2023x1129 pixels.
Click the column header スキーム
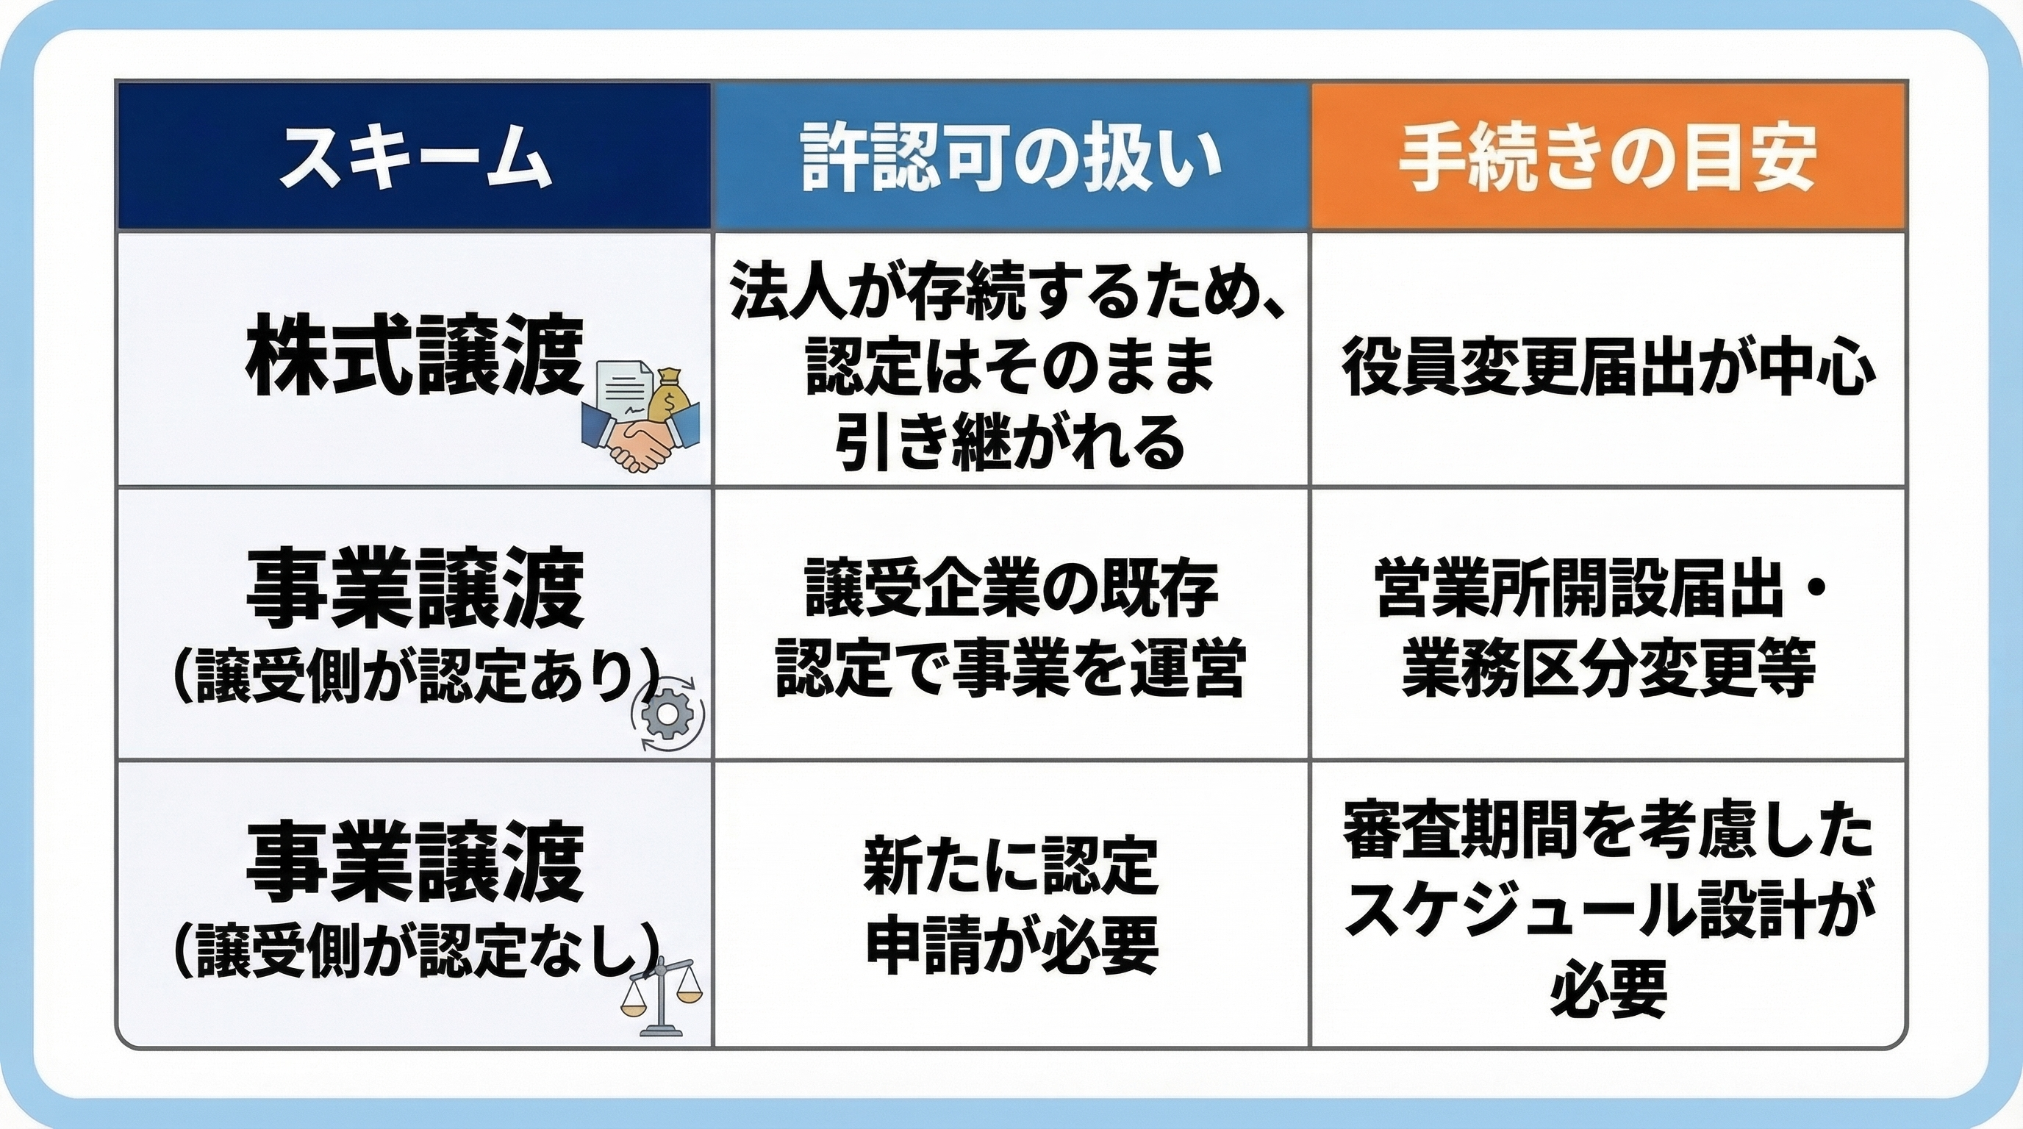(414, 157)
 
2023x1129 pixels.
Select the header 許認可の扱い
(1011, 157)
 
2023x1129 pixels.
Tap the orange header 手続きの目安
(1608, 157)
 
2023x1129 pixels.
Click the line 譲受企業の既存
(1010, 589)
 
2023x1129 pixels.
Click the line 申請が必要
(1011, 945)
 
